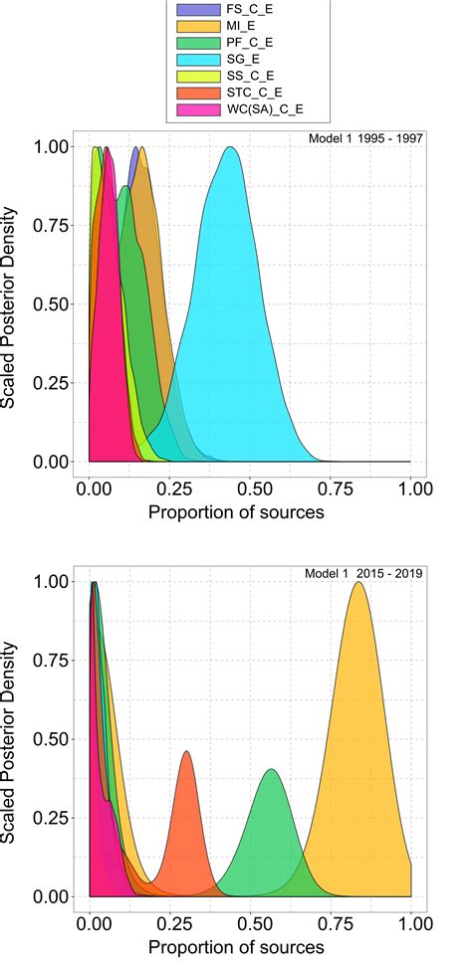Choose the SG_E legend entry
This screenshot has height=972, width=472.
click(x=233, y=60)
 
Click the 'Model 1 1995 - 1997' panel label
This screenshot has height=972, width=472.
click(x=367, y=137)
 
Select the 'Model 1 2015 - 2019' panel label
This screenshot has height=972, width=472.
click(x=367, y=574)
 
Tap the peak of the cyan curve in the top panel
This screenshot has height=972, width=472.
click(x=231, y=147)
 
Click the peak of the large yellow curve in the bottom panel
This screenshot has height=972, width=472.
click(x=356, y=583)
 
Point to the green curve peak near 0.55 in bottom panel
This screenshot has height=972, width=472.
click(x=270, y=769)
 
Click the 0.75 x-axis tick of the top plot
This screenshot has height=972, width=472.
click(x=332, y=489)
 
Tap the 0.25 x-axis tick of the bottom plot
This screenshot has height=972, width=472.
click(x=171, y=924)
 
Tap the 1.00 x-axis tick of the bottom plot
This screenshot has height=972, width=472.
click(x=411, y=924)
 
